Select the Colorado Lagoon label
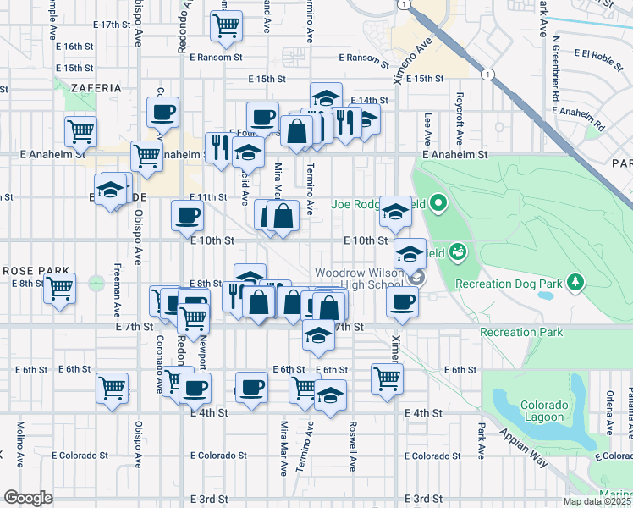coord(542,411)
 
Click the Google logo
coord(28,498)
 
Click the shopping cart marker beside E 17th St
coord(226,25)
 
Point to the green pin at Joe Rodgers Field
coord(438,203)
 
